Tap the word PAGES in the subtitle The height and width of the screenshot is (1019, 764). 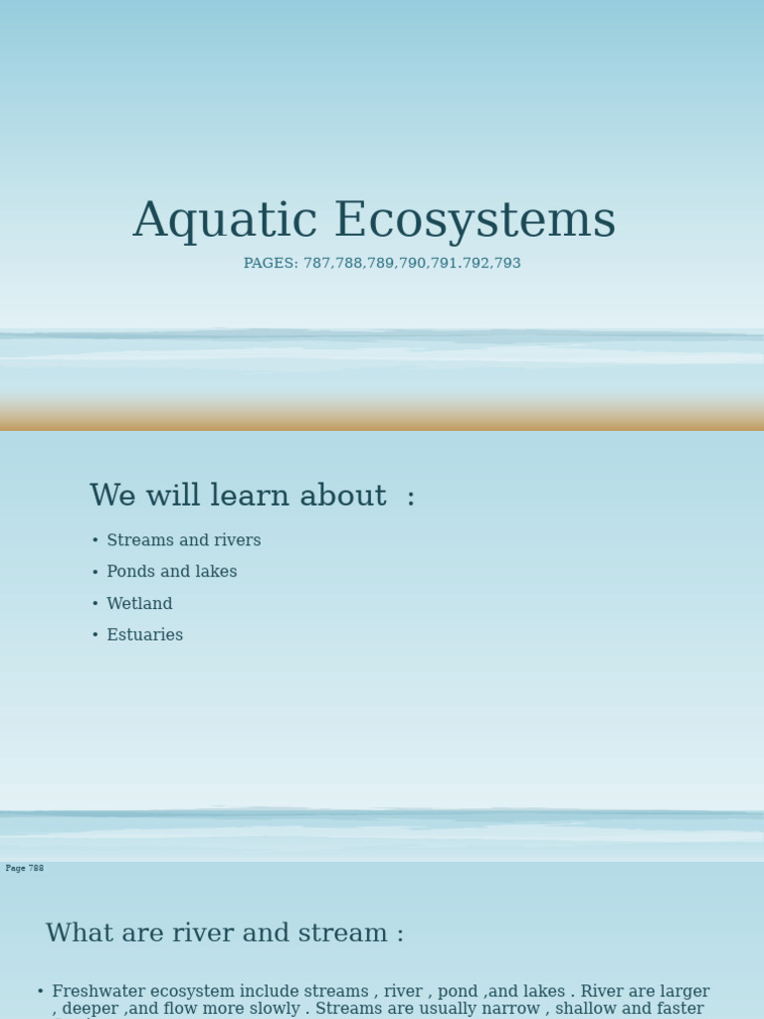click(x=270, y=264)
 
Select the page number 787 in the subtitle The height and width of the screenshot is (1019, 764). click(x=317, y=264)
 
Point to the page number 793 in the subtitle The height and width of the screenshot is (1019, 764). click(x=507, y=264)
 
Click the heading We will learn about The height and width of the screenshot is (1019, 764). click(x=238, y=496)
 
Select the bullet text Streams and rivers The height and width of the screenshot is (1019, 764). click(x=184, y=540)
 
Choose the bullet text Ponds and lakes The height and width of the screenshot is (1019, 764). click(x=172, y=572)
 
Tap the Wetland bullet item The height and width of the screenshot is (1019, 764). click(x=139, y=604)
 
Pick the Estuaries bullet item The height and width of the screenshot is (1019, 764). click(x=145, y=635)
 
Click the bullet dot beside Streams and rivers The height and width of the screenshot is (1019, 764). click(x=95, y=541)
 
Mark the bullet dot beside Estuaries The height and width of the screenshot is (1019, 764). click(x=95, y=636)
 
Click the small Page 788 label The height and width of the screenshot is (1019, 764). click(x=25, y=869)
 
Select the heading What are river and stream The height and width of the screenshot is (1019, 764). click(x=225, y=933)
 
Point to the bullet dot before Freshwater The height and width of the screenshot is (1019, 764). click(x=41, y=992)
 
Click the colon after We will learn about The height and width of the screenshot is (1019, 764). click(x=411, y=498)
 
